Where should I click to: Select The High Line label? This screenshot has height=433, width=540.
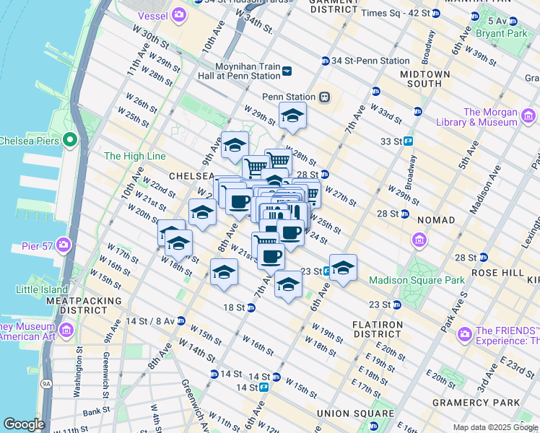[134, 156]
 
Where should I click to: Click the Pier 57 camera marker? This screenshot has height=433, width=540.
[64, 245]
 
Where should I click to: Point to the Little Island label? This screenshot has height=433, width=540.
[40, 289]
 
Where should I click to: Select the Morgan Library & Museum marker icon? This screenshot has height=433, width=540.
[529, 115]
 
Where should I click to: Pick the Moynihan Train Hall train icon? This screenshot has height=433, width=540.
[287, 70]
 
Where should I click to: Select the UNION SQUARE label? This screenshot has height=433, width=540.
[354, 414]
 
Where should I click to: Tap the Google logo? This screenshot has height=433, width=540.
[24, 424]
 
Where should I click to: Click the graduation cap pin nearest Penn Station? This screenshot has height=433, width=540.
[292, 115]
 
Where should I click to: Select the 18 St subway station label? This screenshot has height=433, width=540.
[234, 307]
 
